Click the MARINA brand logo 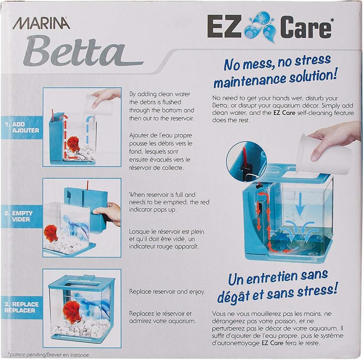point(41,23)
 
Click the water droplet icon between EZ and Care point(260,27)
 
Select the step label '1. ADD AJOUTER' point(22,127)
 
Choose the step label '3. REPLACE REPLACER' point(21,307)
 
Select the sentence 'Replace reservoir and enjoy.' point(167,292)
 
